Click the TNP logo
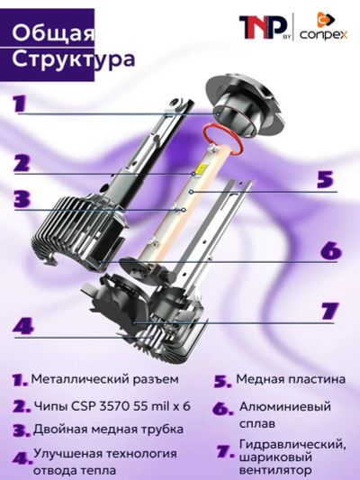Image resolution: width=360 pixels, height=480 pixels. point(263,28)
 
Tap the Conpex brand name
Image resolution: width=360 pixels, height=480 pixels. point(324,34)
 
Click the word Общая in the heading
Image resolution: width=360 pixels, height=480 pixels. point(53,33)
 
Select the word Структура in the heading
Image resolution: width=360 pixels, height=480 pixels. point(73,59)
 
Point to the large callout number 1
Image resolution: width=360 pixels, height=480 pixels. point(20,104)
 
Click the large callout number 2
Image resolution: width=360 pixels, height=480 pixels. point(22,163)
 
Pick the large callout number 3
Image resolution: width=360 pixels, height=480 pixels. point(22,199)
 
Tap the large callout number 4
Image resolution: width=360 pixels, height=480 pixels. point(23,327)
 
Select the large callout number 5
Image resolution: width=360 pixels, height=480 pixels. point(325,179)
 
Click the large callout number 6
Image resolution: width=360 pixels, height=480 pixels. point(330,250)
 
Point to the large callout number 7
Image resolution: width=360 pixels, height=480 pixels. point(330,311)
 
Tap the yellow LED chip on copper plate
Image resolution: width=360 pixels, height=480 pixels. point(201,168)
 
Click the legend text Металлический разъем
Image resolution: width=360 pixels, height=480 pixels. point(105,379)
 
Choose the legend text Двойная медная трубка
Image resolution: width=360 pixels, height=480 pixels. point(108,430)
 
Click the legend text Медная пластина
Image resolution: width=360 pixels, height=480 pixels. point(291,379)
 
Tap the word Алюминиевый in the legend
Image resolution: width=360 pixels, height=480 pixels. point(285,407)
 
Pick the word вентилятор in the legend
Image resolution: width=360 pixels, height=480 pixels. point(275,470)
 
